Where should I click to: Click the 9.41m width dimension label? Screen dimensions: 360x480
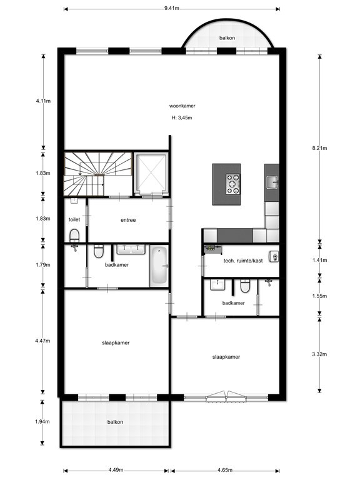tap(171, 8)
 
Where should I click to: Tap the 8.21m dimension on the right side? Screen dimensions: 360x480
tap(319, 148)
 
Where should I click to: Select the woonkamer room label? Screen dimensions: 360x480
tap(182, 106)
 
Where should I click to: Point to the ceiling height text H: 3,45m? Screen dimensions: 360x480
tap(182, 117)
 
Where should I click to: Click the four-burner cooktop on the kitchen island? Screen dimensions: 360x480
tap(233, 184)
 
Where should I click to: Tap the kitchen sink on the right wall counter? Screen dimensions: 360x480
tap(272, 182)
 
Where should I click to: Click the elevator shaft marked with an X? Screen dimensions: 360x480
tap(151, 174)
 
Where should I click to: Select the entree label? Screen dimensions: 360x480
tap(128, 220)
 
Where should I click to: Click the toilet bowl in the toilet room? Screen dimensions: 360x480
tap(74, 236)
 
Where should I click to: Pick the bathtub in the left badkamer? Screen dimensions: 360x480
tap(159, 266)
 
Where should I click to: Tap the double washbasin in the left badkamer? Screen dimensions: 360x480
tap(131, 249)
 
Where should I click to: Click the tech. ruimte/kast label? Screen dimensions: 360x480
tap(243, 261)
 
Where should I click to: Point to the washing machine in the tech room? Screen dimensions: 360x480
tap(274, 256)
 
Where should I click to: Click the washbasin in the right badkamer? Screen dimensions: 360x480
tap(217, 285)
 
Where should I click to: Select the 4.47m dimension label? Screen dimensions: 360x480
tap(43, 341)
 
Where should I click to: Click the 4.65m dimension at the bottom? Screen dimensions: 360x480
tap(225, 470)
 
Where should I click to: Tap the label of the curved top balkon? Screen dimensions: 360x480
tap(227, 38)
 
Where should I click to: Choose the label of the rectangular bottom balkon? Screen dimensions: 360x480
tap(115, 422)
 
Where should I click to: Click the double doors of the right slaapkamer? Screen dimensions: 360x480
tap(226, 396)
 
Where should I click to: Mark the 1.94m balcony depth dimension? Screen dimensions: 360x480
tap(42, 421)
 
